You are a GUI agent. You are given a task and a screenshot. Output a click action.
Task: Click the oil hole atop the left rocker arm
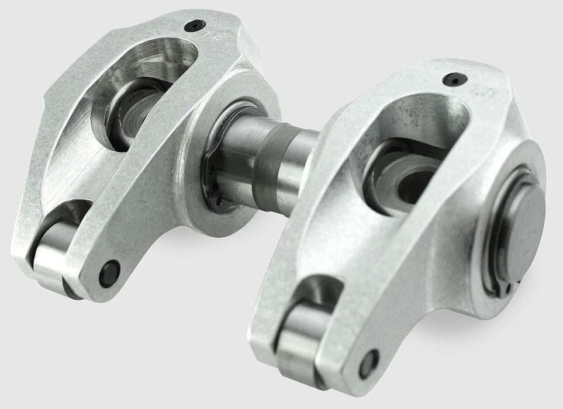click(x=195, y=26)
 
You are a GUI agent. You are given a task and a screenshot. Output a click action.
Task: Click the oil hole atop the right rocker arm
click(x=453, y=79)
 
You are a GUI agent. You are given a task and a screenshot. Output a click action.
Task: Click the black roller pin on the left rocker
click(x=109, y=273)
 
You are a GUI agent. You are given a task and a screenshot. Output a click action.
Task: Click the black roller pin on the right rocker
click(x=369, y=363)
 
